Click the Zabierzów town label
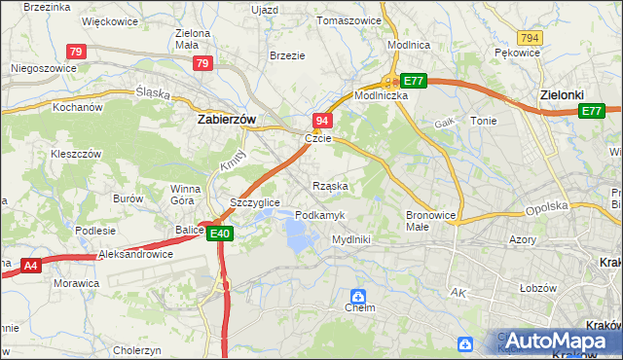[x=226, y=120]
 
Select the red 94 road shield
[x=324, y=120]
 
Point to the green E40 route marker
[x=219, y=233]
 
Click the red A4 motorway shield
[x=30, y=263]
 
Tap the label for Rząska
[x=330, y=185]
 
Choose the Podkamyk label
[x=316, y=214]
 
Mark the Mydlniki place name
[x=351, y=238]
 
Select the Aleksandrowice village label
[x=135, y=254]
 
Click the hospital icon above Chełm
[x=359, y=294]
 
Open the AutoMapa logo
[x=556, y=342]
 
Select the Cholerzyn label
[x=135, y=349]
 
